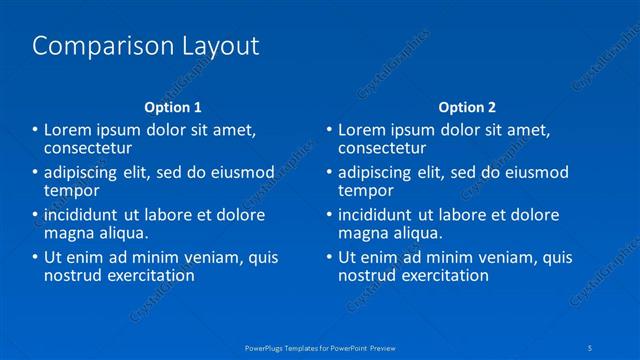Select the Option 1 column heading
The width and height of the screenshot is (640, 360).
pyautogui.click(x=172, y=107)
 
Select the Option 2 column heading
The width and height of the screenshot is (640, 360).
pyautogui.click(x=466, y=107)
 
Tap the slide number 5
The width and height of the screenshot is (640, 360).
pyautogui.click(x=593, y=347)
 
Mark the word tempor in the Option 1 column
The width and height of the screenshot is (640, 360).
pyautogui.click(x=72, y=190)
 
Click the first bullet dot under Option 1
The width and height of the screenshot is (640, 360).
pyautogui.click(x=35, y=130)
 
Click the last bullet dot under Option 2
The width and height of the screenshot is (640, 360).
pyautogui.click(x=329, y=257)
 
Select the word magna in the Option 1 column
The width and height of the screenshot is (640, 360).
pyautogui.click(x=69, y=233)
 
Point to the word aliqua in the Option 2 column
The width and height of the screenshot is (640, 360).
pyautogui.click(x=415, y=233)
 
